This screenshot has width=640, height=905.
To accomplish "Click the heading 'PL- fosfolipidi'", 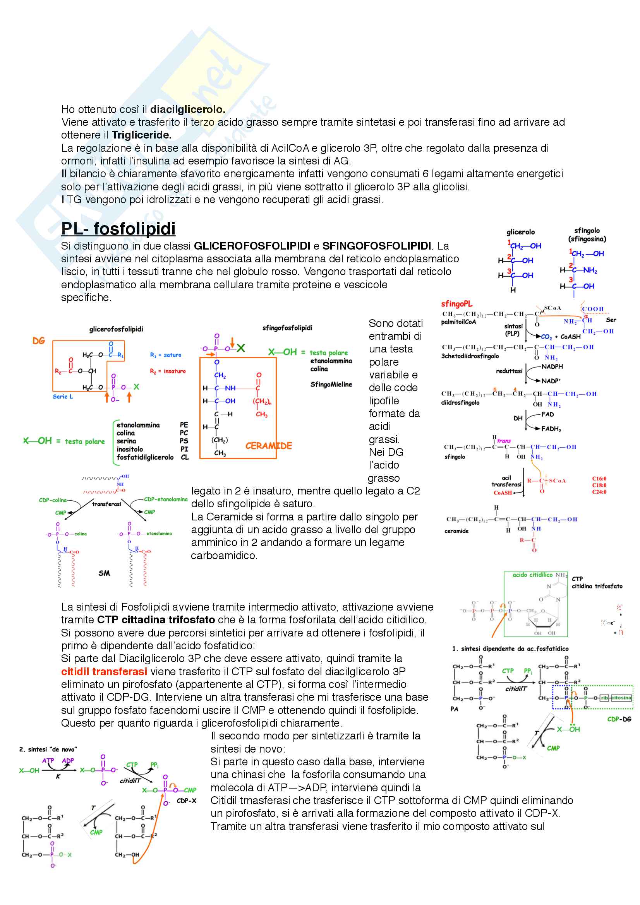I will pyautogui.click(x=118, y=229).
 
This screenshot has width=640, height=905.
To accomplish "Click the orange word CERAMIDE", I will pyautogui.click(x=268, y=446).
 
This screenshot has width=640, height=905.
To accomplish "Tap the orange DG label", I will pyautogui.click(x=39, y=340).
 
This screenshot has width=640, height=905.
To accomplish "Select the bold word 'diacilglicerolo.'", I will pyautogui.click(x=188, y=109).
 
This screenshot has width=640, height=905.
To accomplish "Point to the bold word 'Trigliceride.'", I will pyautogui.click(x=142, y=135).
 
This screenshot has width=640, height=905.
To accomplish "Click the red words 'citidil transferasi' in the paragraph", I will pyautogui.click(x=104, y=671).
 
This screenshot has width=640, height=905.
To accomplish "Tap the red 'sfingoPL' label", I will pyautogui.click(x=456, y=304).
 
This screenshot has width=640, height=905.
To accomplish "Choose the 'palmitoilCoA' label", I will pyautogui.click(x=458, y=322).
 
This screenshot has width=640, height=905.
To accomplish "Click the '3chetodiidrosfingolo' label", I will pyautogui.click(x=470, y=356).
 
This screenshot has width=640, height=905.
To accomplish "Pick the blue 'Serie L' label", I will pyautogui.click(x=63, y=397).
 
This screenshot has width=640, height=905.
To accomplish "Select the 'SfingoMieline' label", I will pyautogui.click(x=331, y=384).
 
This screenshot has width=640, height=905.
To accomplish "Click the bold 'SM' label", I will pyautogui.click(x=104, y=573).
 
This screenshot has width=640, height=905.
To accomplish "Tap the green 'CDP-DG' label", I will pyautogui.click(x=619, y=719).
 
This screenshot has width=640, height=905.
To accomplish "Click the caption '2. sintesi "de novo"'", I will pyautogui.click(x=48, y=749).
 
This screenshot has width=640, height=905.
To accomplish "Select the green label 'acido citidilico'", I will pyautogui.click(x=532, y=575).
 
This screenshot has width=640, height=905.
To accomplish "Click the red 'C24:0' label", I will pyautogui.click(x=599, y=492).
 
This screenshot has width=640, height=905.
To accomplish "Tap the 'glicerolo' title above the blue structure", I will pyautogui.click(x=520, y=232).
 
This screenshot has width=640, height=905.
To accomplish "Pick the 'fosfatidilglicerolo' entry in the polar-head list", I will pyautogui.click(x=145, y=457).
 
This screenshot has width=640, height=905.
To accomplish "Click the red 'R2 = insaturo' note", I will pyautogui.click(x=168, y=371).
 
